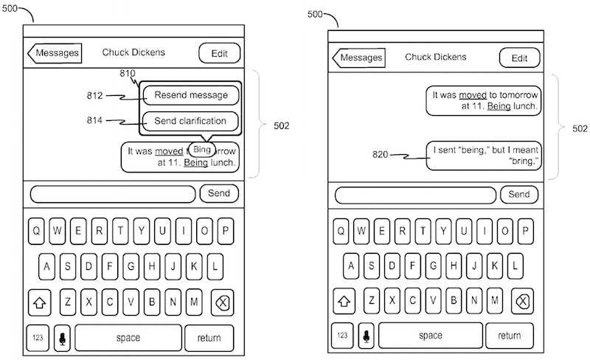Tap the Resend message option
point(191,95)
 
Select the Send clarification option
point(191,120)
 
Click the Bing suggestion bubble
point(201,149)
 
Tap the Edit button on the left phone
point(219,53)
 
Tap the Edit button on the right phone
point(519,58)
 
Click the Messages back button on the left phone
point(55,53)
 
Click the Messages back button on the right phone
point(359,58)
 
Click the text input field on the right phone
point(415,195)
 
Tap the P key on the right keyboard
point(530,232)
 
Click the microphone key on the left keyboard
point(61,338)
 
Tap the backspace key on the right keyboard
point(521,301)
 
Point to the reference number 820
point(380,154)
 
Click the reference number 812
point(94,95)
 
